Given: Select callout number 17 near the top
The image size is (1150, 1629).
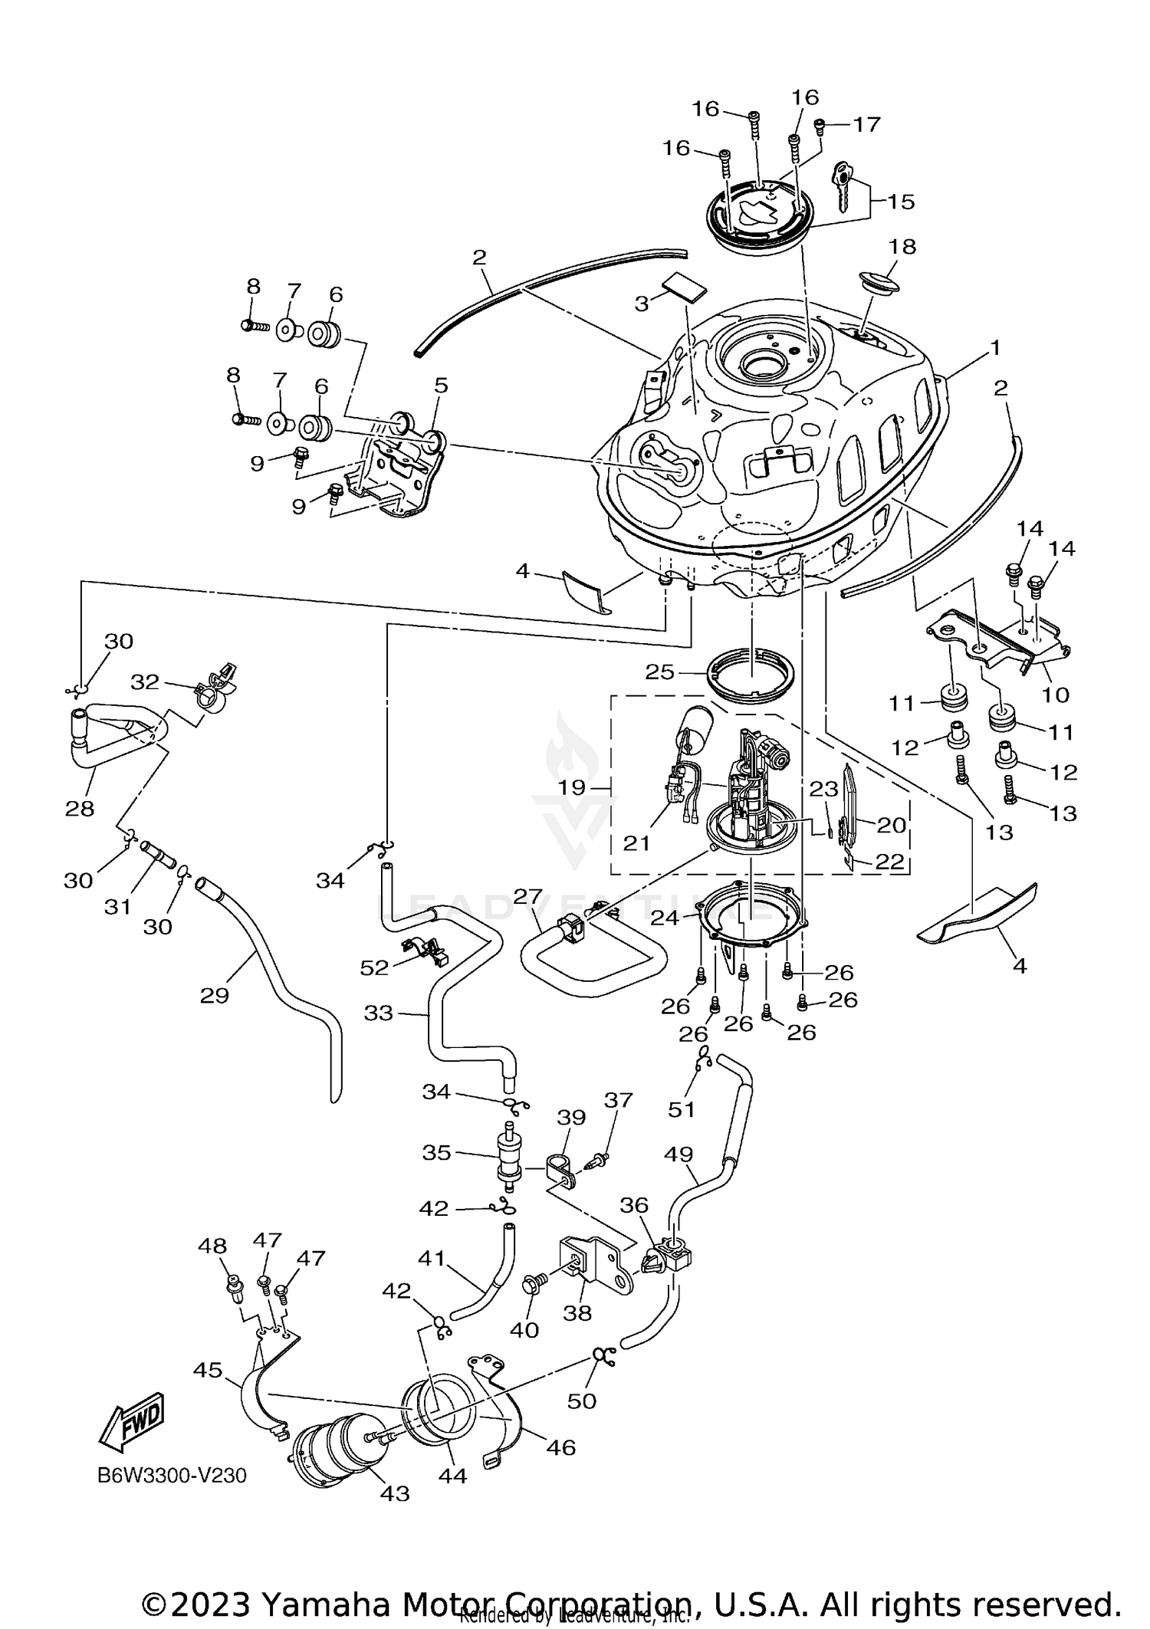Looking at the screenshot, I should (866, 124).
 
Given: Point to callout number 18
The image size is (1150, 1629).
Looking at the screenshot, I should (902, 247).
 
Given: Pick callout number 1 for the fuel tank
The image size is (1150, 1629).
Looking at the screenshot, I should (994, 348).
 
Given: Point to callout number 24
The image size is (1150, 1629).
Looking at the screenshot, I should (665, 916).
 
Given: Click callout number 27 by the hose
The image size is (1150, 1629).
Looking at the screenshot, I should (527, 897).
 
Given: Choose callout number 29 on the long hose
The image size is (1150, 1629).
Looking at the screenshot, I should (214, 995).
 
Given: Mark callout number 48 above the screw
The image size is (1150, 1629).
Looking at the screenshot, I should (212, 1246).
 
